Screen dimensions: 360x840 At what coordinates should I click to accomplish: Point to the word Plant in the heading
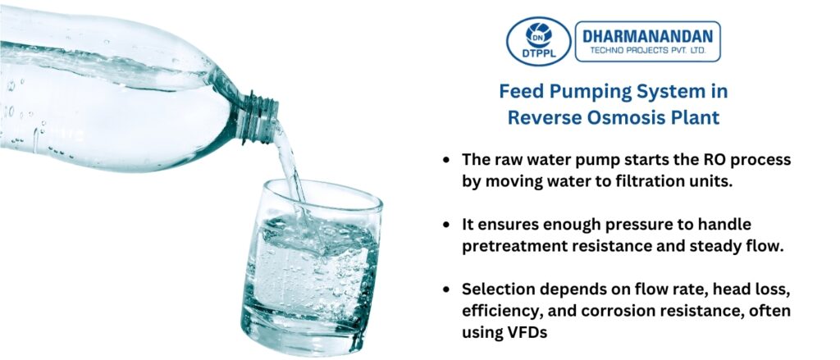pyautogui.click(x=696, y=117)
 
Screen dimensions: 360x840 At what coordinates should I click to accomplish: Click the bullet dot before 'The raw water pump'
pyautogui.click(x=445, y=160)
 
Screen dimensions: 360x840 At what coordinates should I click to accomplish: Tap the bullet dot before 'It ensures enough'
pyautogui.click(x=445, y=224)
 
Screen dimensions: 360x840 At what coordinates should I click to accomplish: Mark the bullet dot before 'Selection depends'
pyautogui.click(x=445, y=289)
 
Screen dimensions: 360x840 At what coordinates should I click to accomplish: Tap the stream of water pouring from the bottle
pyautogui.click(x=289, y=164)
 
